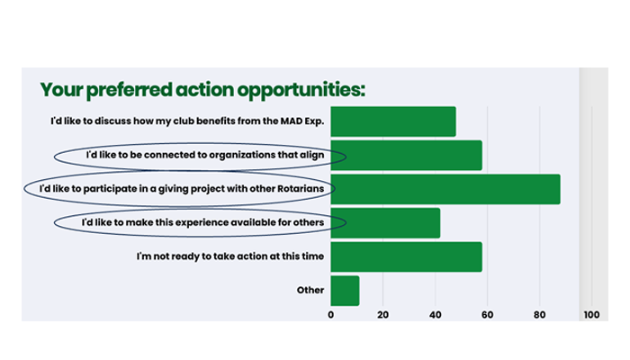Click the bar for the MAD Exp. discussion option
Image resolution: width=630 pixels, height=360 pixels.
(x=392, y=121)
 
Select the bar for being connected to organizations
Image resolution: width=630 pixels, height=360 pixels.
(x=406, y=155)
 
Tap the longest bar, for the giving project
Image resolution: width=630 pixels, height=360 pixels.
(x=445, y=189)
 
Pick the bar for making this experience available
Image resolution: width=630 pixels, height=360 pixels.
(x=385, y=222)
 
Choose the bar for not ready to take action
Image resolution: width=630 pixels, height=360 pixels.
(x=406, y=256)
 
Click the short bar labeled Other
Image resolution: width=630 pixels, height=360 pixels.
(x=345, y=291)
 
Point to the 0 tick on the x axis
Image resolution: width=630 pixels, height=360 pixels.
(x=330, y=315)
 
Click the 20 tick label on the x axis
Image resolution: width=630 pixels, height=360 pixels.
(x=382, y=315)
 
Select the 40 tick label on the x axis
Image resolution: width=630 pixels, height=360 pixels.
(x=435, y=315)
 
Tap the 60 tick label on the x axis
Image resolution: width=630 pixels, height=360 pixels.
(x=487, y=315)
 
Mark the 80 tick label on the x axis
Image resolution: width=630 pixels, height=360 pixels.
(x=539, y=315)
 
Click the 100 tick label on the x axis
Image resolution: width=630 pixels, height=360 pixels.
(x=590, y=315)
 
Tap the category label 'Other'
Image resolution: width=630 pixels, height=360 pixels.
(x=310, y=291)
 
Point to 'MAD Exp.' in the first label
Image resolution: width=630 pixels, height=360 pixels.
(x=300, y=121)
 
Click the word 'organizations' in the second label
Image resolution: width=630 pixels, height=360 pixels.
(x=256, y=155)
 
